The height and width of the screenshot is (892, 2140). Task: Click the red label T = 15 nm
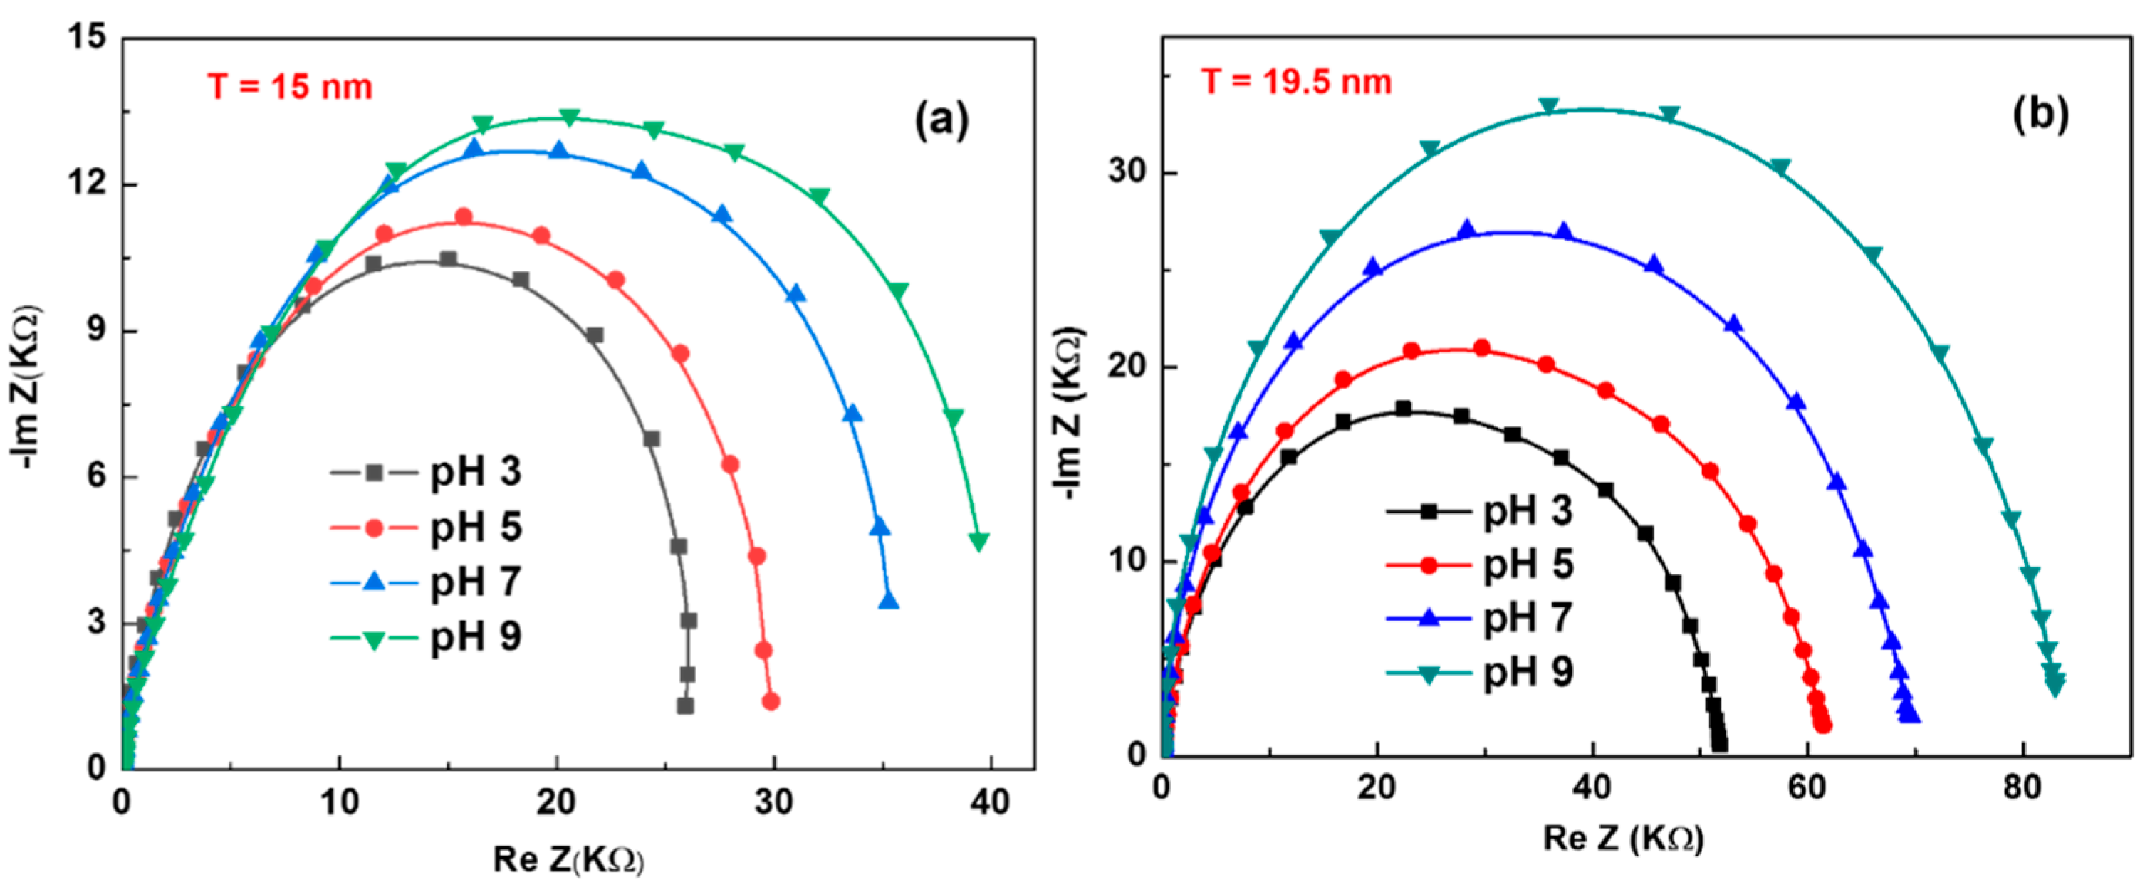pos(290,86)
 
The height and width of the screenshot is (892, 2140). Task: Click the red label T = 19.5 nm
pos(1296,81)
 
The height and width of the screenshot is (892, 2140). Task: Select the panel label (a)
pos(941,120)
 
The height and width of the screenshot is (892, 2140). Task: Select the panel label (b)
pos(2040,115)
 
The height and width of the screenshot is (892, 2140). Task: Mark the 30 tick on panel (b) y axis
pos(1127,173)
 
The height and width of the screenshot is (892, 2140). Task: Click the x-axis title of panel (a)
pos(568,860)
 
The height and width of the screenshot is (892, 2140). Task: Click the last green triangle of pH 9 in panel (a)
pos(978,542)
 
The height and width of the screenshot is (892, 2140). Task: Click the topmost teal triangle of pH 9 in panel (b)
pos(1548,106)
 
